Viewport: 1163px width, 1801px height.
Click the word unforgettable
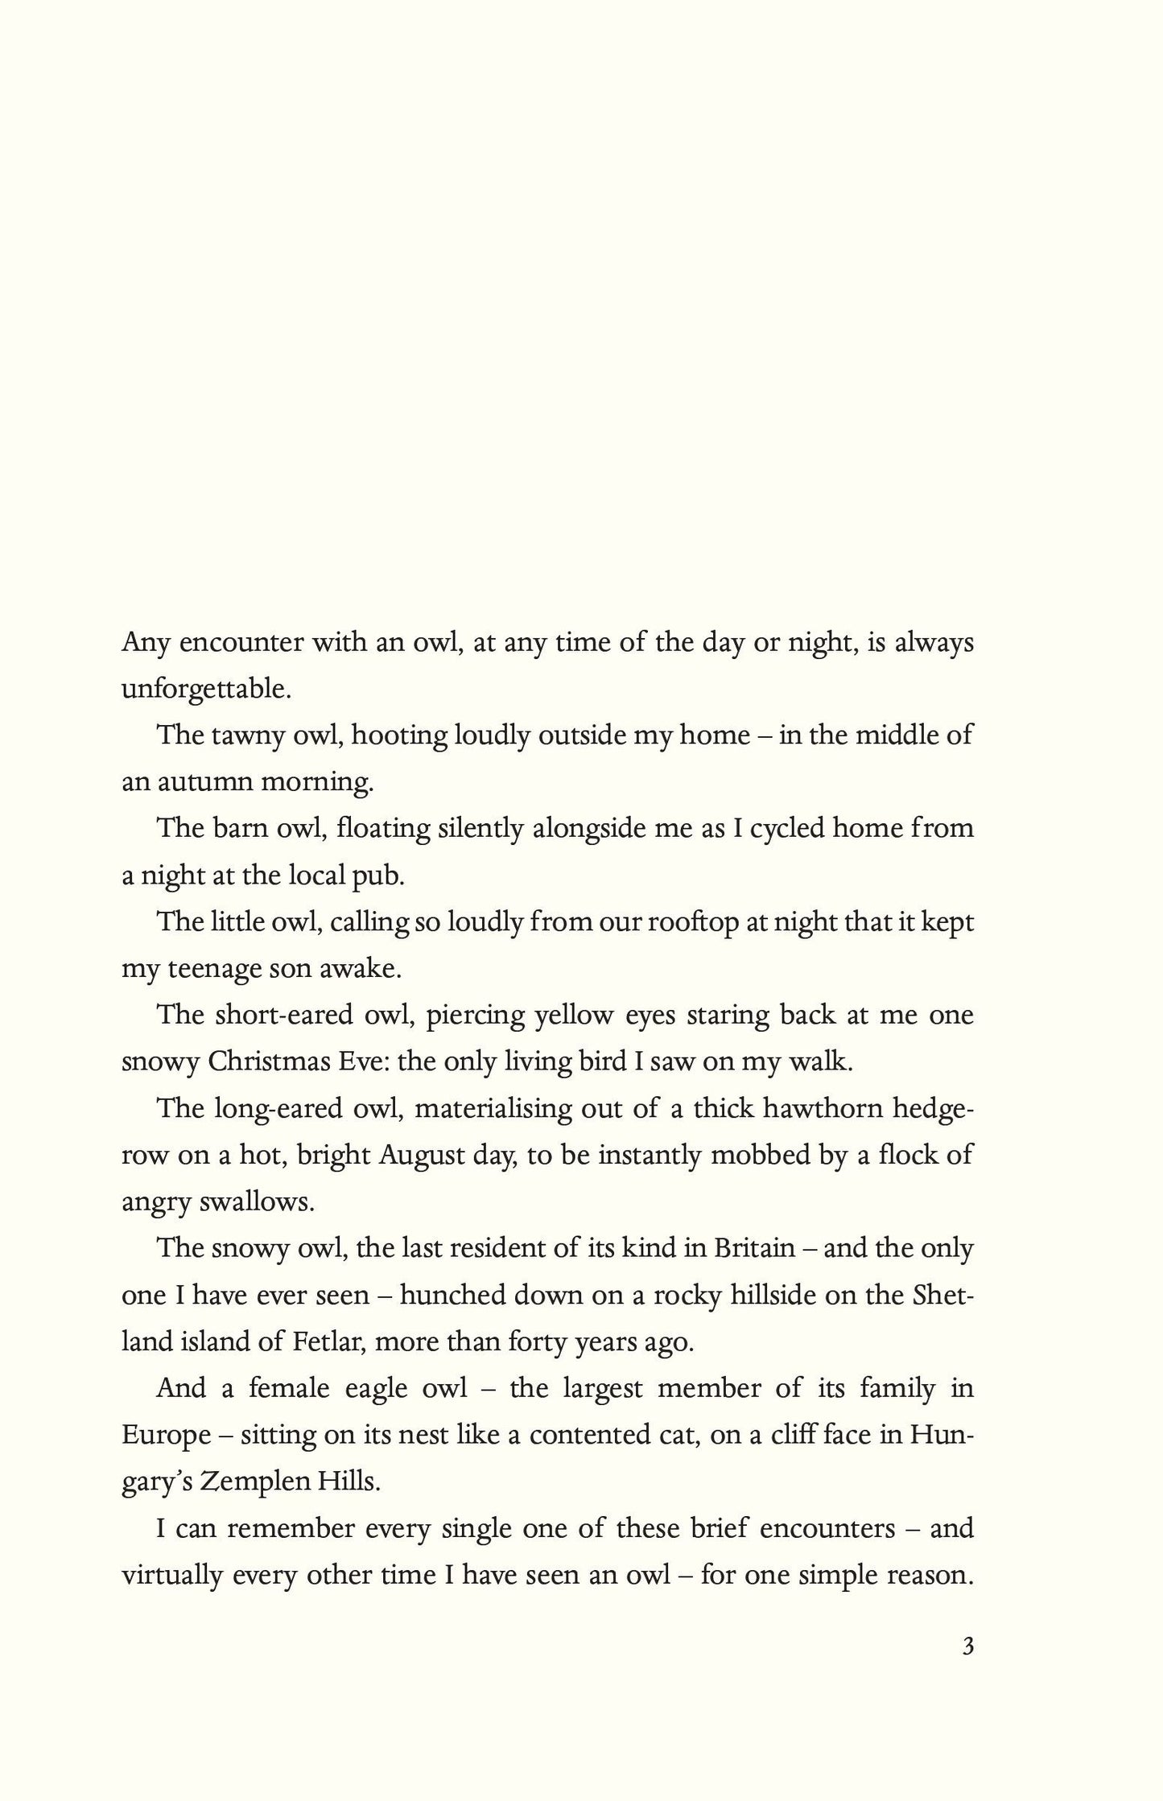pyautogui.click(x=204, y=690)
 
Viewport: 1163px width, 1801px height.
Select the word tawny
pyautogui.click(x=237, y=736)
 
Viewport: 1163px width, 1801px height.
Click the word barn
pyautogui.click(x=237, y=828)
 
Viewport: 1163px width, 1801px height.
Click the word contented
pyautogui.click(x=612, y=1435)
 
